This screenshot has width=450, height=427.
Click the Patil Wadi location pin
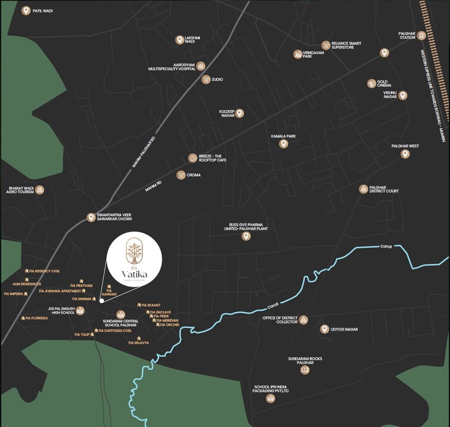[26, 11]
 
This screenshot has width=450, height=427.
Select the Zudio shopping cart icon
[206, 79]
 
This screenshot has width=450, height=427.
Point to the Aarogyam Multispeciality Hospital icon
[201, 66]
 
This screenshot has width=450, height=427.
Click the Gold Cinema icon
[371, 84]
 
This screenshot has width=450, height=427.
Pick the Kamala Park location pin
[283, 144]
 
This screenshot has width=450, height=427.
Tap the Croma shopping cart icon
[181, 175]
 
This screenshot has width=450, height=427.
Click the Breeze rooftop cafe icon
[193, 158]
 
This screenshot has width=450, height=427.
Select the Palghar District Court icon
[364, 189]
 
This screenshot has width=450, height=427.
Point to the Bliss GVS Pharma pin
[246, 236]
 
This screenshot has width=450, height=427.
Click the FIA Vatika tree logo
[134, 253]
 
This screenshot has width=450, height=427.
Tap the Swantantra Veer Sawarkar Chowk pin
[91, 217]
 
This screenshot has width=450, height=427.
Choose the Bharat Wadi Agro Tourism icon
[39, 190]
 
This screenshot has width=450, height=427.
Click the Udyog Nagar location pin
[324, 329]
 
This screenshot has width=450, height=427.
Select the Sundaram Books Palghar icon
[305, 370]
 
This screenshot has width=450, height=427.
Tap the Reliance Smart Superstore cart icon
[325, 45]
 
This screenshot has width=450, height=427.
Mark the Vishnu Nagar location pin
[403, 95]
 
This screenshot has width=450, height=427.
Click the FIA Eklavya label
[138, 343]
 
